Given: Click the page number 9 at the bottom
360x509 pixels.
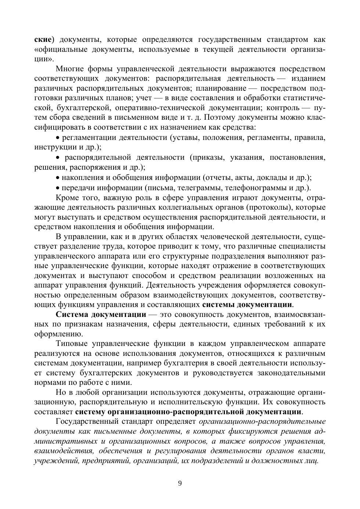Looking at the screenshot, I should click(x=180, y=483).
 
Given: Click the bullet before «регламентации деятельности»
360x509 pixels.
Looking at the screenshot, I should click(x=57, y=138).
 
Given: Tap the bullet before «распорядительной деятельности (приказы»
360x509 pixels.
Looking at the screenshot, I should click(x=57, y=158).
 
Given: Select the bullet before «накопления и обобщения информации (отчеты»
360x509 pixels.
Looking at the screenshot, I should click(x=57, y=178).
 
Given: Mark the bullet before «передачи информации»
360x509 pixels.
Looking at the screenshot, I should click(x=57, y=188).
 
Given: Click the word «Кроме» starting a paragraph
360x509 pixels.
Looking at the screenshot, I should click(x=67, y=198).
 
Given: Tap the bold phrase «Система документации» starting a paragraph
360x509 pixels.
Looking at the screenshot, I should click(x=101, y=314).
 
